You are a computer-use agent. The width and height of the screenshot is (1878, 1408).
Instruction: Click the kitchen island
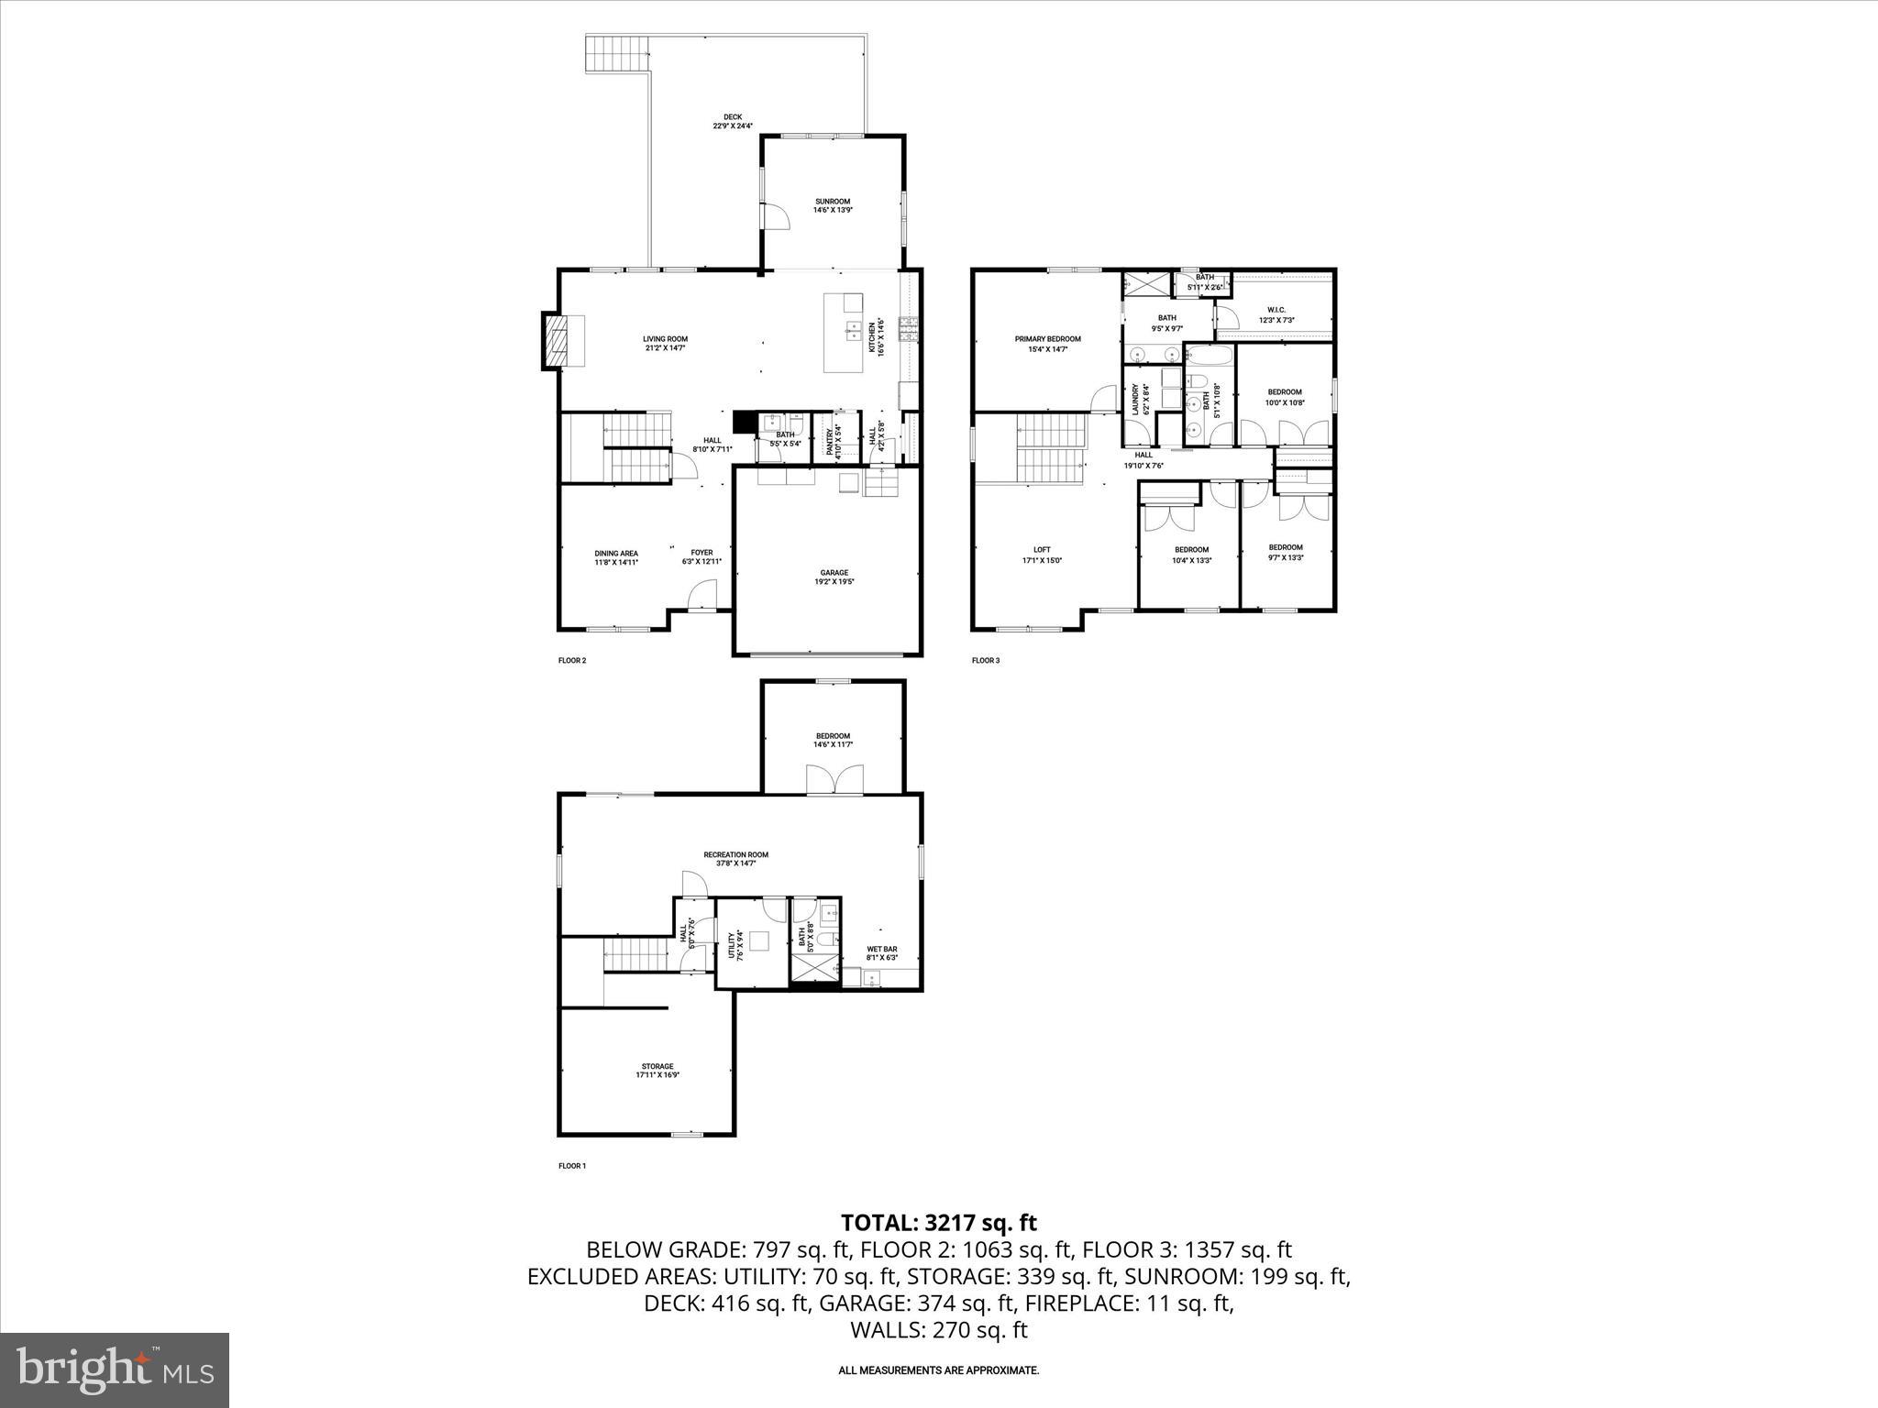tap(844, 333)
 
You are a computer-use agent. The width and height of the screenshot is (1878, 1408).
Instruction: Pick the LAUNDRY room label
tap(1135, 400)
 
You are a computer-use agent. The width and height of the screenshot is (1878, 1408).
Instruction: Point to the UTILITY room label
tap(733, 945)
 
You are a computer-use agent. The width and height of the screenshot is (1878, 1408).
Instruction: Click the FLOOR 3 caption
tap(985, 660)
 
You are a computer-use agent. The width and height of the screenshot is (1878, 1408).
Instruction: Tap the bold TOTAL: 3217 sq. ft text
tap(938, 1222)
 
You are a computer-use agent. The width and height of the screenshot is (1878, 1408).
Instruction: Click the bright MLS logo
tap(115, 1370)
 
